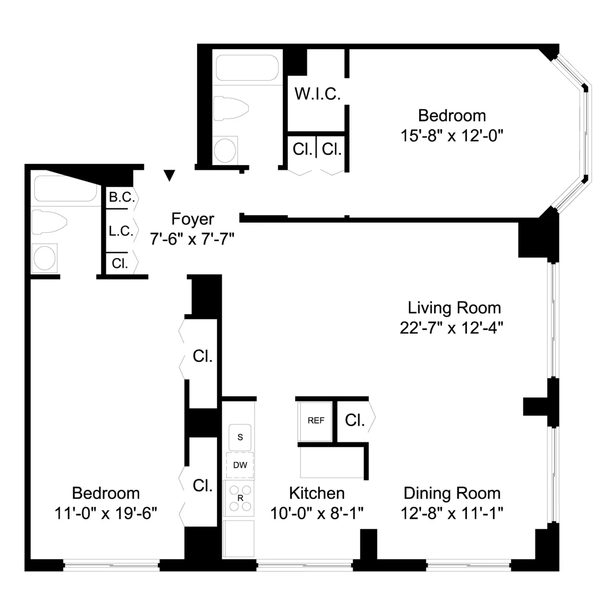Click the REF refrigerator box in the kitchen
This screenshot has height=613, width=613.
pos(315,421)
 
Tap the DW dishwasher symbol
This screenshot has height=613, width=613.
pos(240,465)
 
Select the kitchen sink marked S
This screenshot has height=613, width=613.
pos(240,437)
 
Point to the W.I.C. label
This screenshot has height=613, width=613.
pos(317,95)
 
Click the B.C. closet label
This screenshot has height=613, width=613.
pos(121,198)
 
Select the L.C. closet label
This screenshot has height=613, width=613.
pos(121,231)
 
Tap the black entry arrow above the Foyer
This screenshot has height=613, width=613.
pos(170,175)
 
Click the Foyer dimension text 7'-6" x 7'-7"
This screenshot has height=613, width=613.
pos(192,239)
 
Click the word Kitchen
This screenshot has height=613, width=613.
pos(317,493)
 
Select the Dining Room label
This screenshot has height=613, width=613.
pos(452,493)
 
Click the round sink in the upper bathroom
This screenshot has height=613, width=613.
pos(225,150)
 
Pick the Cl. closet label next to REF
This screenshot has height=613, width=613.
pos(355,420)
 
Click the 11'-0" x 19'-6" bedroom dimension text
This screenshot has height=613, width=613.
pos(106,513)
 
